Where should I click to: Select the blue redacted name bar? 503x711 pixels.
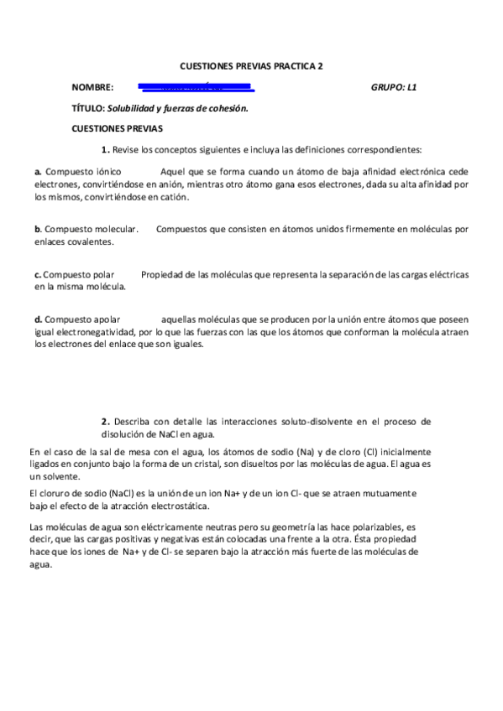[x=195, y=86]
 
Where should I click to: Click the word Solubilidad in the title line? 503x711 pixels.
[x=137, y=108]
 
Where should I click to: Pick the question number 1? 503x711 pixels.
[x=105, y=150]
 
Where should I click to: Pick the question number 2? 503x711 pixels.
[x=105, y=421]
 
